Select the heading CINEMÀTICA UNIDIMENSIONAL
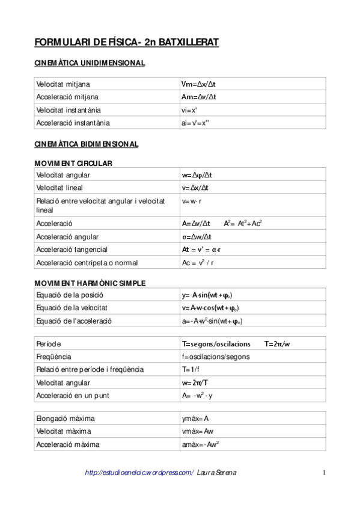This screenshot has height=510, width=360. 90,63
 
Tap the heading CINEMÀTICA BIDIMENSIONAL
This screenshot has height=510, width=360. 87,144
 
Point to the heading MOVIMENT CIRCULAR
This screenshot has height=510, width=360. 73,163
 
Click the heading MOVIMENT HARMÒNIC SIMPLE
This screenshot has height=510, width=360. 90,283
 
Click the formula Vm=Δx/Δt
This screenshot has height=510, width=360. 198,84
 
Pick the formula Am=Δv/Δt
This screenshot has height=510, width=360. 199,97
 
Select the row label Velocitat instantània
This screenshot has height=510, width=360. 69,110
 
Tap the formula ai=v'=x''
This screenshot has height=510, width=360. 195,123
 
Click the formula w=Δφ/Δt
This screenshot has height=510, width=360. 197,175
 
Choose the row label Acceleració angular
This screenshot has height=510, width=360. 67,237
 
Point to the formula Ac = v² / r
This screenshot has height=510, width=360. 198,263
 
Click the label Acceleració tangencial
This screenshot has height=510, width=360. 72,250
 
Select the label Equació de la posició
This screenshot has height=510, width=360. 70,295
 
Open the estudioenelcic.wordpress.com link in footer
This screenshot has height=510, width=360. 139,473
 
